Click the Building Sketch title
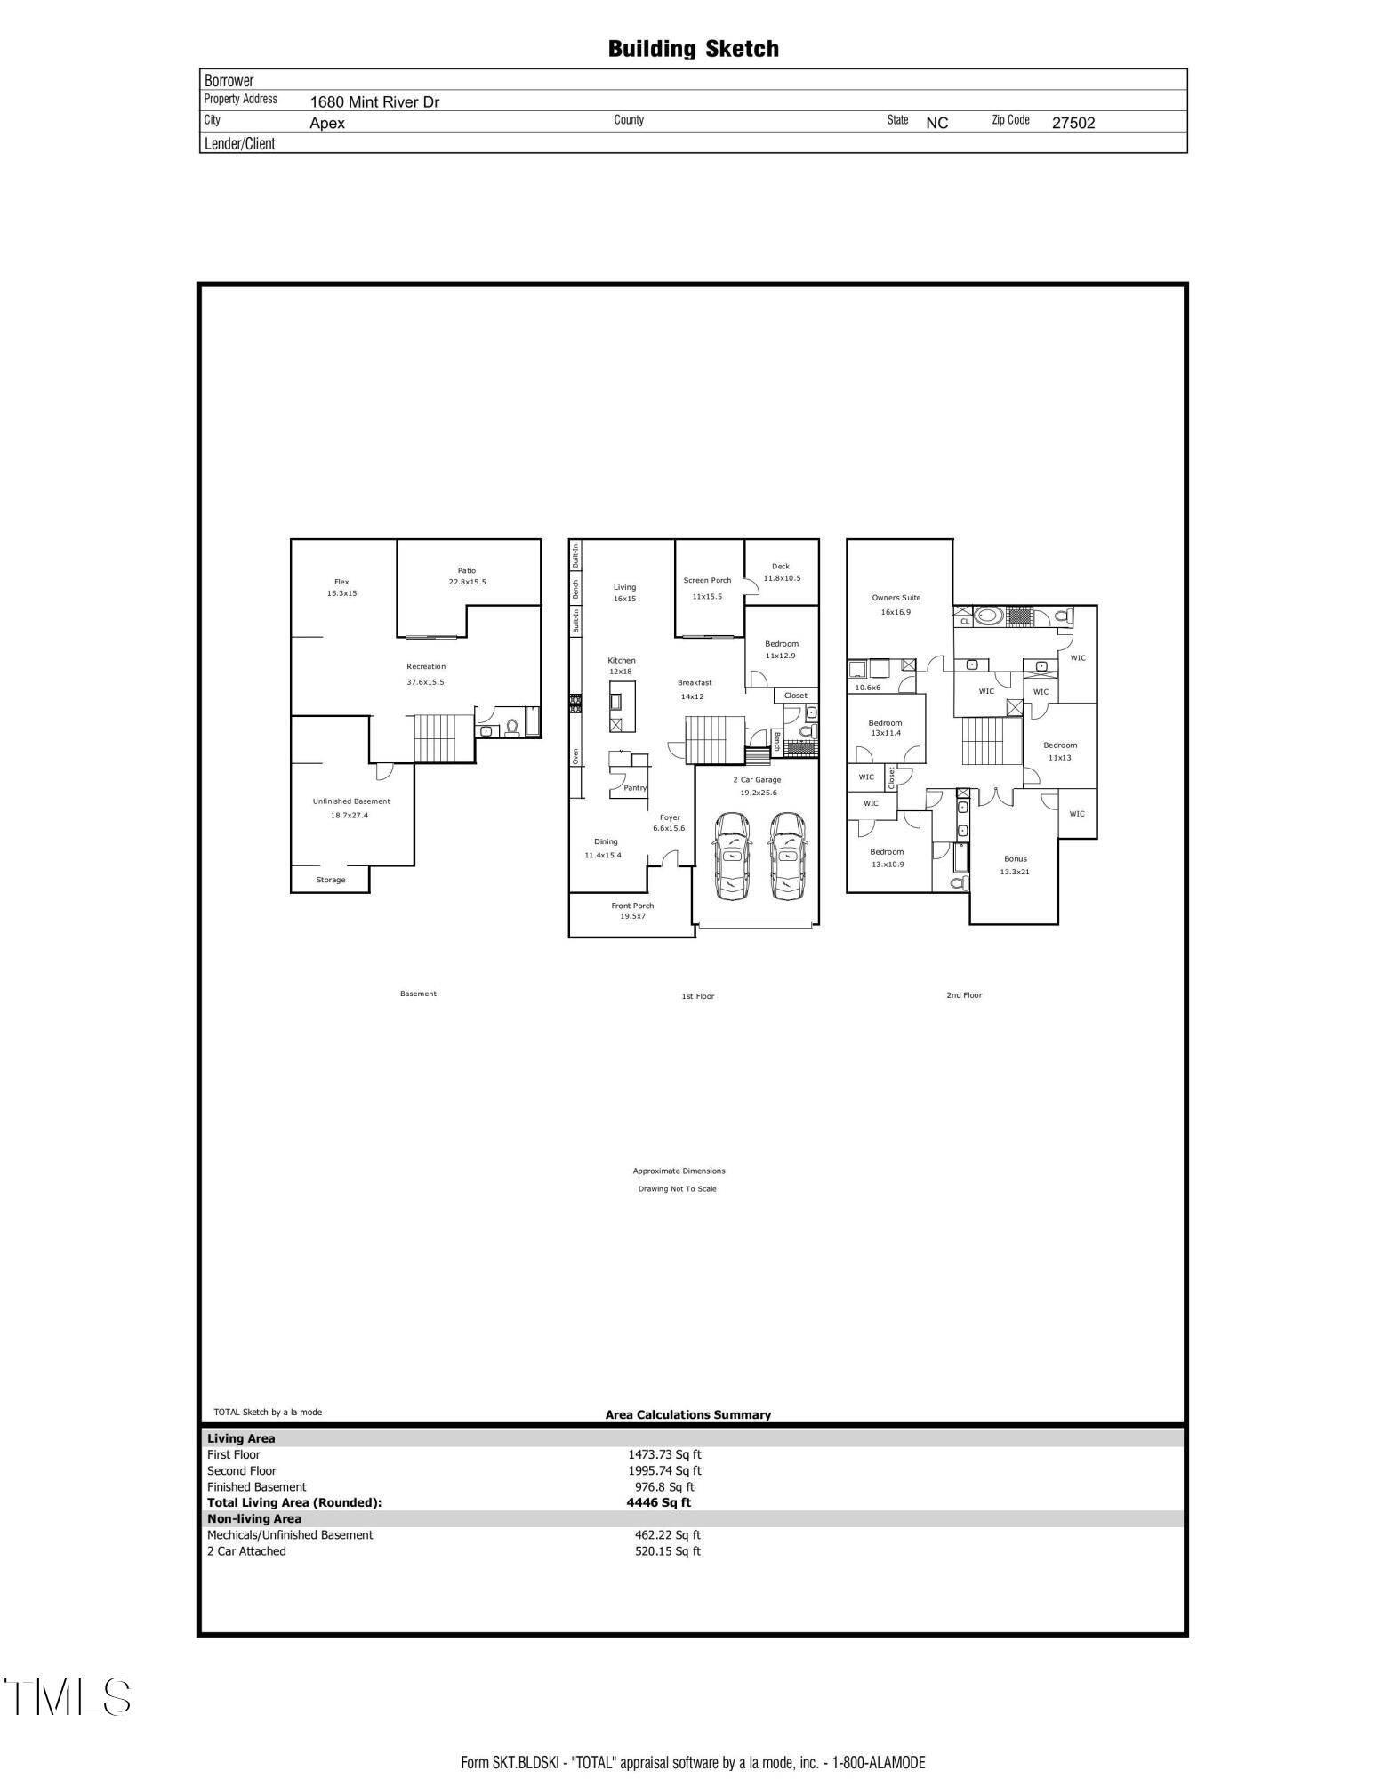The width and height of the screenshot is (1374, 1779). pos(693,49)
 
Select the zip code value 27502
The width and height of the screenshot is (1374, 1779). pos(1073,124)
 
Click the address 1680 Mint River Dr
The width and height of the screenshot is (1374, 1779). pos(374,102)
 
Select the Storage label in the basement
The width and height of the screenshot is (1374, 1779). pos(330,880)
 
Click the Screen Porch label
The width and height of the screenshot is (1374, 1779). pos(707,580)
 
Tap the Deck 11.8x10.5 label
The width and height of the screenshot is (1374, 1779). pos(781,572)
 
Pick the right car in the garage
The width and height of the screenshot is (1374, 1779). pos(787,855)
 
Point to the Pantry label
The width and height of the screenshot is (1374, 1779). pos(635,787)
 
